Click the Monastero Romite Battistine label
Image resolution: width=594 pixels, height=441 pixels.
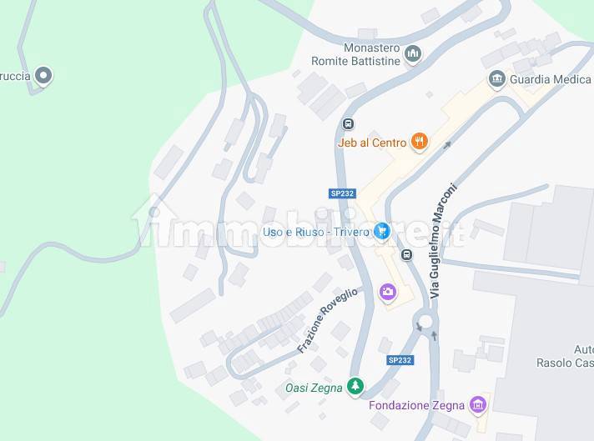click(360, 54)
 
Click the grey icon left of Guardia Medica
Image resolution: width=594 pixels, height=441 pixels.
click(497, 79)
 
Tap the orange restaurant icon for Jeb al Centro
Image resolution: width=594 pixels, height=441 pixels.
click(420, 143)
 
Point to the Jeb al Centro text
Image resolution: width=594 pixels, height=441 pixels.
click(372, 143)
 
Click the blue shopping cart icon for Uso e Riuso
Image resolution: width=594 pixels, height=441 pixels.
click(382, 231)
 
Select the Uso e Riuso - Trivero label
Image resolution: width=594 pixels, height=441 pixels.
click(315, 232)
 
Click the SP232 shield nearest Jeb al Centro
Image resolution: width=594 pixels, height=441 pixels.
click(342, 193)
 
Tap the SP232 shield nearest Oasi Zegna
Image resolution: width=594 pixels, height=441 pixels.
click(400, 360)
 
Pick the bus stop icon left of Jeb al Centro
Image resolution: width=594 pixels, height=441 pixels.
click(347, 125)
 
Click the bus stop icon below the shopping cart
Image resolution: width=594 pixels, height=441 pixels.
click(406, 254)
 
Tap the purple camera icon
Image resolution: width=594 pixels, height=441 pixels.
click(388, 291)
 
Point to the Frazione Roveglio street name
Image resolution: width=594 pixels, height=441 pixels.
click(327, 320)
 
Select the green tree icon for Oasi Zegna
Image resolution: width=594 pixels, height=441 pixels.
click(356, 386)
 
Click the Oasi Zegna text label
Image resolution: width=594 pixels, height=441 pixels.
click(314, 388)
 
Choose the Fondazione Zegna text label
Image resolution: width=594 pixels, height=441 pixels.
click(416, 406)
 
